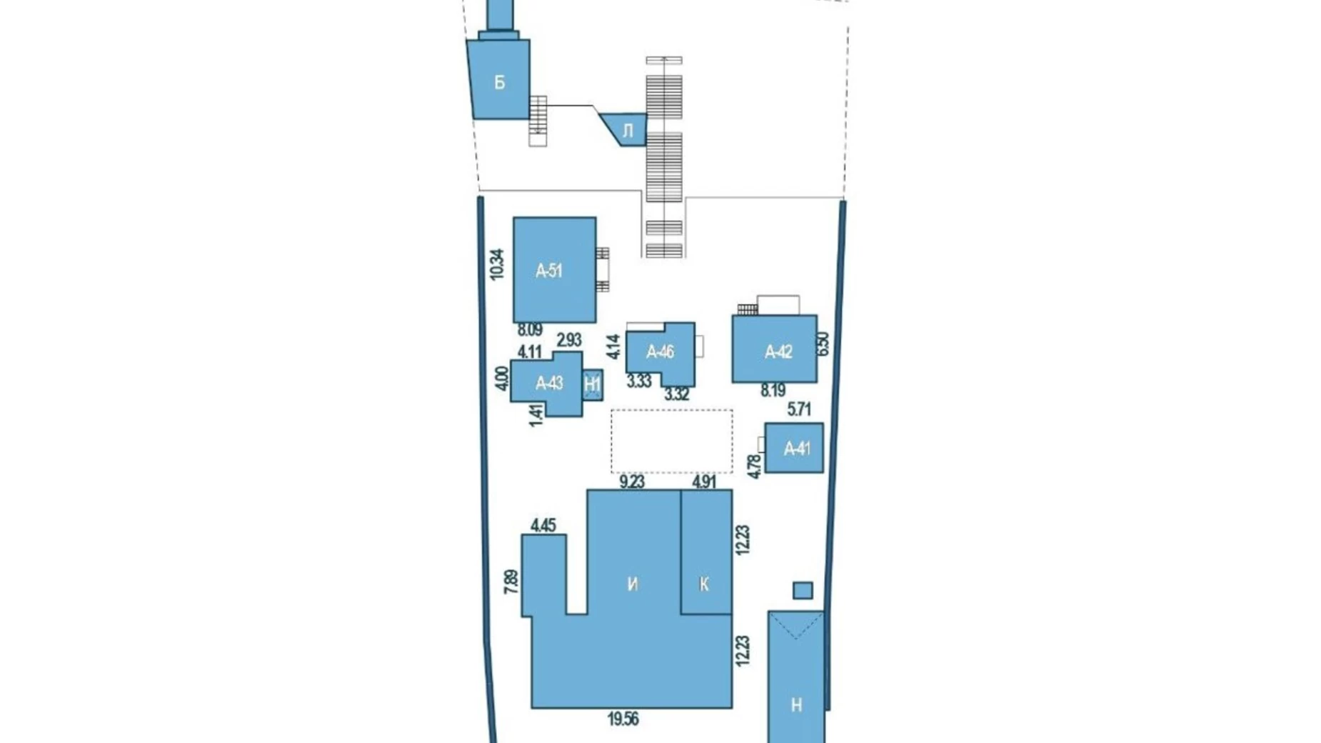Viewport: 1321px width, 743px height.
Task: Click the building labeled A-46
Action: click(660, 352)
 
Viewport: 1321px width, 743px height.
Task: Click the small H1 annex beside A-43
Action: click(593, 384)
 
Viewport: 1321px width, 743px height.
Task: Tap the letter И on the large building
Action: click(633, 584)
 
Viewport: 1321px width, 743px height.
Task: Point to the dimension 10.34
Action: click(498, 264)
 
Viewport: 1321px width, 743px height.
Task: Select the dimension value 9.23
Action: click(632, 482)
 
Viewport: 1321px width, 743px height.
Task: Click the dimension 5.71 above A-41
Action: click(799, 409)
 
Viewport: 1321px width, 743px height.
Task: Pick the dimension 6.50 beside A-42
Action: click(823, 344)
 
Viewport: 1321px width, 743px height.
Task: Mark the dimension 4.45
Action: click(543, 526)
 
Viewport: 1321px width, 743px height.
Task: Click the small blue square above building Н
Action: click(803, 590)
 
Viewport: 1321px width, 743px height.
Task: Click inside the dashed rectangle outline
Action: click(671, 442)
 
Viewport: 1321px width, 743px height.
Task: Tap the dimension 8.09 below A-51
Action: click(530, 330)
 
